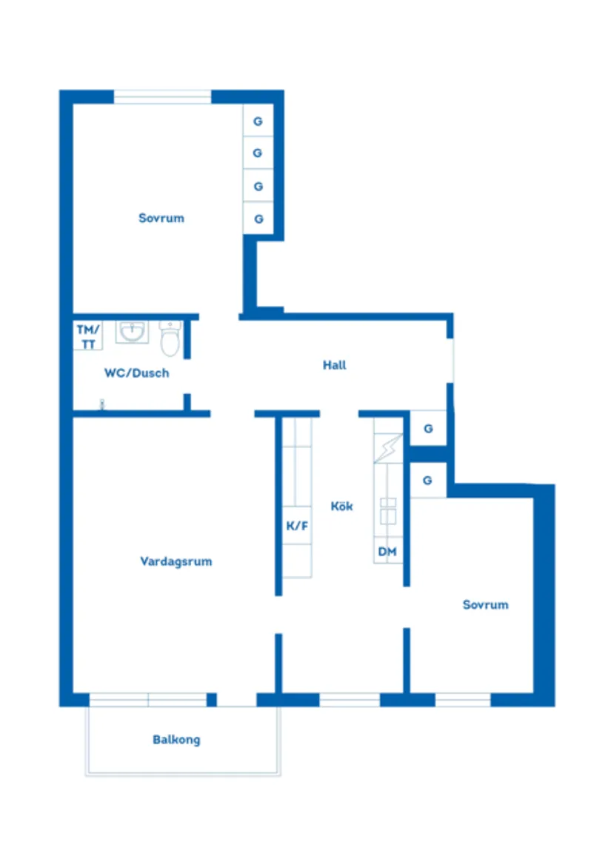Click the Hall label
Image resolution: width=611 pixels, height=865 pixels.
pos(334,364)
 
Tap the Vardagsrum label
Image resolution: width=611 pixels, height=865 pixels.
pos(176,561)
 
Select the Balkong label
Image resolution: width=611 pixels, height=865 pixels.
pos(176,740)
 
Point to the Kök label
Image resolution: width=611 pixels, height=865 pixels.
pos(341,506)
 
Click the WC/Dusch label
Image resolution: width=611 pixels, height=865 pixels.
pos(137,373)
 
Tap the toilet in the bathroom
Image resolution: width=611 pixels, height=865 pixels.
pos(170,338)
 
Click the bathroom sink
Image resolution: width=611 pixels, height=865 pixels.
pos(132,332)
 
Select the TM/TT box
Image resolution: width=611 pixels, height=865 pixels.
pos(87,336)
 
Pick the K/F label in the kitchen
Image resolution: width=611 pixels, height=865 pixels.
pos(297,526)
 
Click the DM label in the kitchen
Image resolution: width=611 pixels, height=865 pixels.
pos(387,552)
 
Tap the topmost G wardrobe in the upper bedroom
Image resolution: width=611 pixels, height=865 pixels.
pos(258,121)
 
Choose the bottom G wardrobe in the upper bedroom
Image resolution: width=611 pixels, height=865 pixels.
pos(258,218)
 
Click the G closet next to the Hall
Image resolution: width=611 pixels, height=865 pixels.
pos(428,428)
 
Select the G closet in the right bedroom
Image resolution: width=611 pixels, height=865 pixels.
pos(428,481)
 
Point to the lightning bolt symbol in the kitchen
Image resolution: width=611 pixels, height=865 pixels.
pos(388,448)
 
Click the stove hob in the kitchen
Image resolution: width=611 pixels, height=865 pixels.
pos(388,511)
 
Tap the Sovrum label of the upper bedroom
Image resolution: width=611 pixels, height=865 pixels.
pos(161,218)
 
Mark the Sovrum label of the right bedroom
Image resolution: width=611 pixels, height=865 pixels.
pos(485,604)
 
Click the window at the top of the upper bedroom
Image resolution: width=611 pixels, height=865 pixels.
pos(163,97)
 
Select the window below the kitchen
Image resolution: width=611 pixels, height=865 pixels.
pos(350,700)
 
